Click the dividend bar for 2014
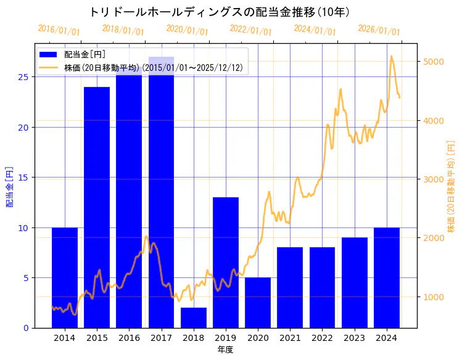65,277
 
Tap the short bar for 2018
194,317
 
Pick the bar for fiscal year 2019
226,263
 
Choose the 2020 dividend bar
258,303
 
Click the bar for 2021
290,287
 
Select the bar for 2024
387,277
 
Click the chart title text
220,12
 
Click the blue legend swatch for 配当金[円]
49,55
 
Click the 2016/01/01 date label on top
59,30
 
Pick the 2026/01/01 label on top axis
379,30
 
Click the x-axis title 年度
225,350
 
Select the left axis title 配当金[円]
9,186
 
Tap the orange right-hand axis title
451,186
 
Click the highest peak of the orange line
391,56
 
